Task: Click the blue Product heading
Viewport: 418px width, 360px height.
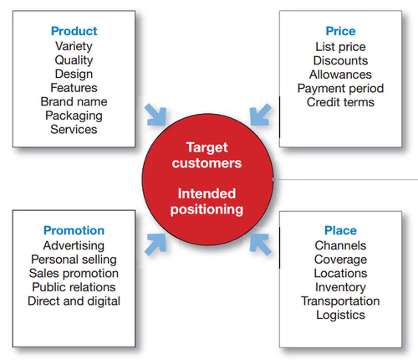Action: (74, 31)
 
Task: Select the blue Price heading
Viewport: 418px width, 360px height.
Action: (341, 31)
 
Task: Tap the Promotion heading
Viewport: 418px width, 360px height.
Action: (74, 230)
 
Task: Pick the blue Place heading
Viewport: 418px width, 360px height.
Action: (341, 230)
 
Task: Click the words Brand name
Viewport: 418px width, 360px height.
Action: (74, 101)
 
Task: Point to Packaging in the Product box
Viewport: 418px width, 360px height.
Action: (74, 116)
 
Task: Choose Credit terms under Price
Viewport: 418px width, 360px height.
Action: (341, 102)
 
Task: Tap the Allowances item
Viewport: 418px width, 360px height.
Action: (341, 74)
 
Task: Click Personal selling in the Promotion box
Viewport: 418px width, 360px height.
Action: (74, 260)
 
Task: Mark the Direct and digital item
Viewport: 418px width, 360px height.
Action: (74, 301)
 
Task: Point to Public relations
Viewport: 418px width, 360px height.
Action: (74, 287)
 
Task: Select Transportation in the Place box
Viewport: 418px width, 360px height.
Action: (341, 301)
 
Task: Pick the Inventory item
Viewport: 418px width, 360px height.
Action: (341, 287)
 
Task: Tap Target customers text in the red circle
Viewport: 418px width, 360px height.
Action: (207, 155)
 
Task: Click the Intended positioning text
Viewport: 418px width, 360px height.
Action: (207, 202)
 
